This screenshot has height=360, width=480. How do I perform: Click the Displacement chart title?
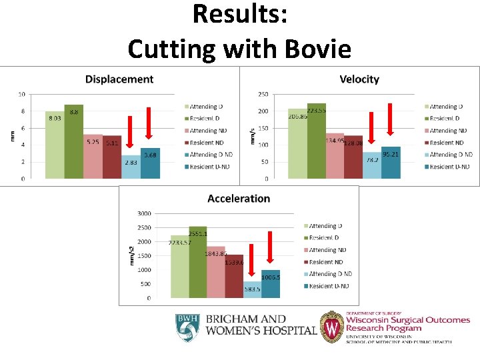(119, 79)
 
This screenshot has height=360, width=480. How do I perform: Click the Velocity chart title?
(359, 79)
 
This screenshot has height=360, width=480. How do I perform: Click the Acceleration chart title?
(239, 199)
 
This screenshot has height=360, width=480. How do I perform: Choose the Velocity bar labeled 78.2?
(372, 165)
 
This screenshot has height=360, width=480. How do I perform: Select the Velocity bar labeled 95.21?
(391, 163)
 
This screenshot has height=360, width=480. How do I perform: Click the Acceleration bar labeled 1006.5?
(271, 284)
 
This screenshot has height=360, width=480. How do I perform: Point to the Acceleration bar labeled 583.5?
(252, 290)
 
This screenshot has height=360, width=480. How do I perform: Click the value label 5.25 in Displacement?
(93, 142)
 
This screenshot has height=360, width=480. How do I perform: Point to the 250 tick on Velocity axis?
(263, 94)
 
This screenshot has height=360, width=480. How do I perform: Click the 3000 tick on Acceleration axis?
(144, 214)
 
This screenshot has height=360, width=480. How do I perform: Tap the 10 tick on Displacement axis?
(22, 94)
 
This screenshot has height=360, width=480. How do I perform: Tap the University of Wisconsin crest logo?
(332, 327)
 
